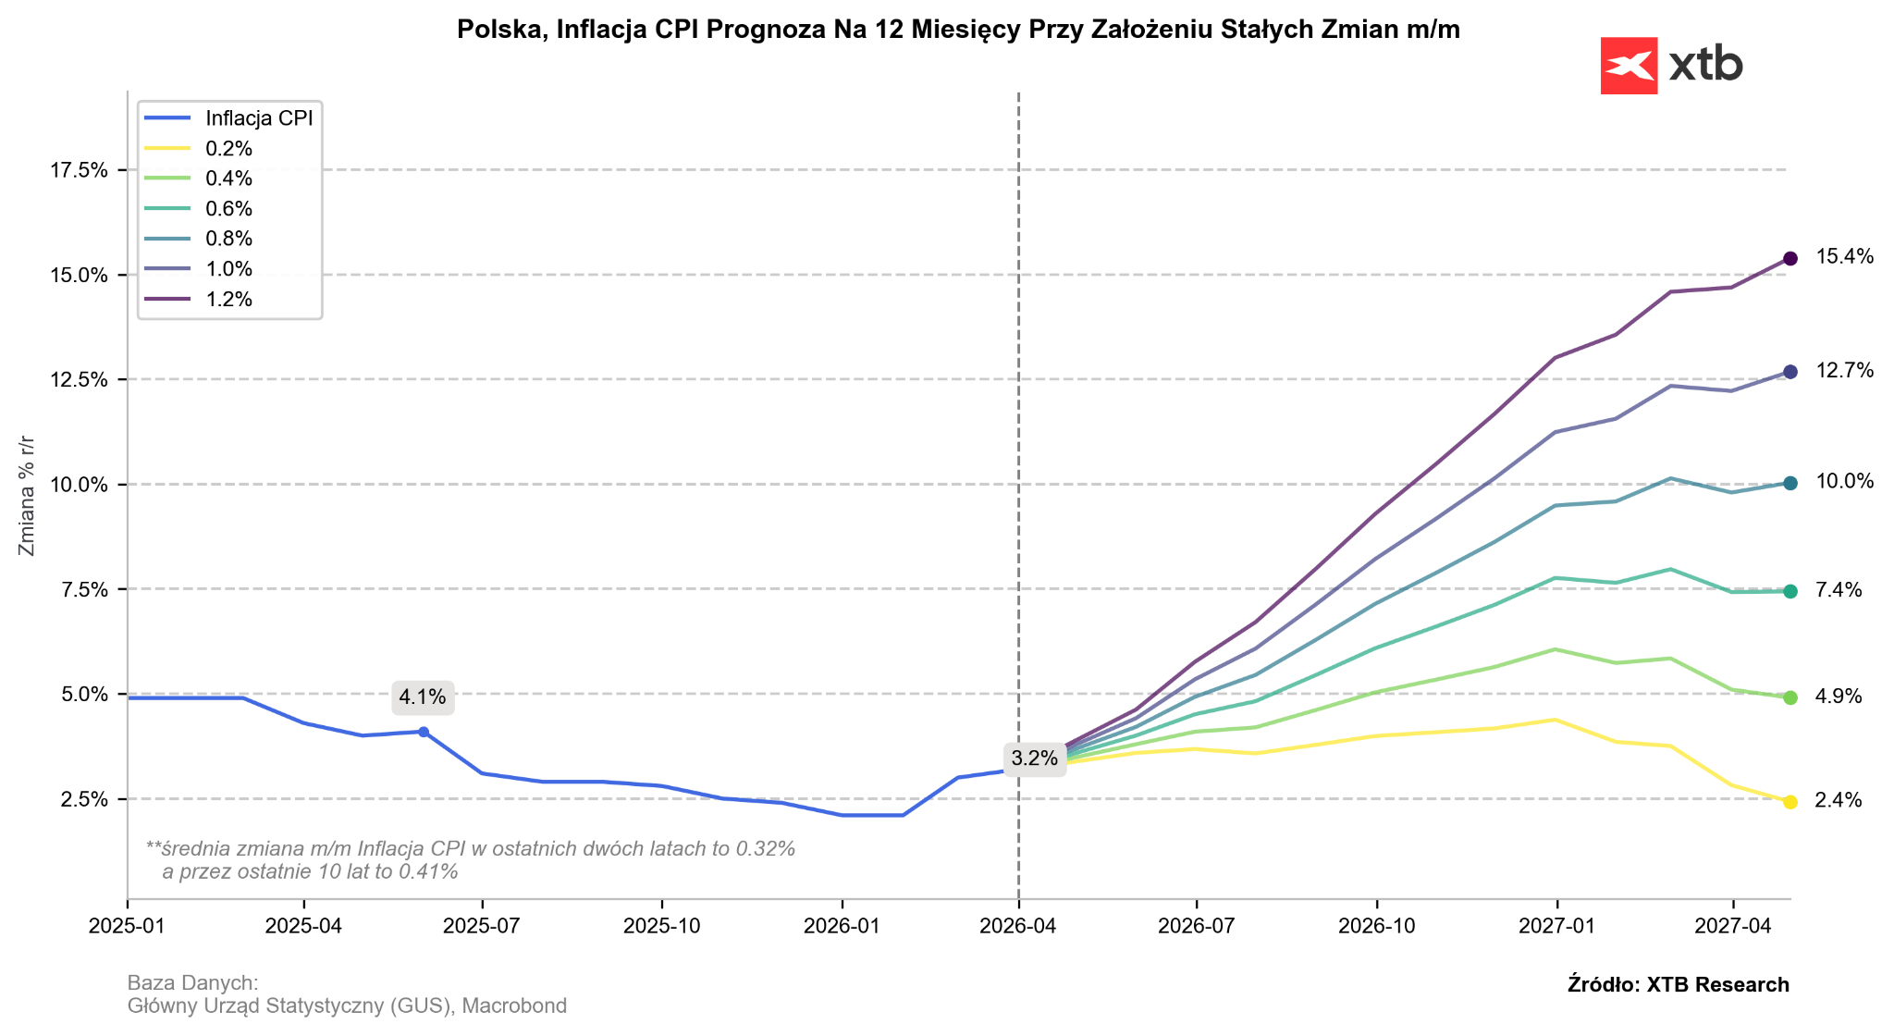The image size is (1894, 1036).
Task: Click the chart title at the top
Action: (x=958, y=30)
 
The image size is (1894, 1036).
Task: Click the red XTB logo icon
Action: (x=1629, y=66)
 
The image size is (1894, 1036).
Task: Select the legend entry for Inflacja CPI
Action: (x=260, y=118)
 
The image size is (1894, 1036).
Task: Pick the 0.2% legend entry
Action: (x=228, y=149)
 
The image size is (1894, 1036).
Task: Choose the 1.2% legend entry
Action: (x=228, y=299)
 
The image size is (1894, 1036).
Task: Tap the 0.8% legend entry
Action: (x=228, y=239)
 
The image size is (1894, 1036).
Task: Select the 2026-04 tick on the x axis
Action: (x=1018, y=926)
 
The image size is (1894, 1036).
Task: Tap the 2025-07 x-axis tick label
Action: (x=482, y=926)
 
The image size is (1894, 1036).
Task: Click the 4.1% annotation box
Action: (x=422, y=697)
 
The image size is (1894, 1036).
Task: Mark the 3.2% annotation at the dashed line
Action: (x=1034, y=759)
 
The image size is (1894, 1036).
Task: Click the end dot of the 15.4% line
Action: (x=1789, y=259)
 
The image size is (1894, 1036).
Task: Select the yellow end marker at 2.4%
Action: (x=1789, y=802)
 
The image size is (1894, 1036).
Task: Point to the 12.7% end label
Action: (x=1844, y=371)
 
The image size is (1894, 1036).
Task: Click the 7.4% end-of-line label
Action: (x=1839, y=590)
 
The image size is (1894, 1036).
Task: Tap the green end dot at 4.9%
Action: (x=1789, y=697)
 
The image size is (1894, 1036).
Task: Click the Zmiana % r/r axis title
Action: (x=27, y=495)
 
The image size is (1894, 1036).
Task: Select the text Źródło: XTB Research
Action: (x=1678, y=985)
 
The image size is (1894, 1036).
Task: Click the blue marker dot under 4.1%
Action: (x=423, y=732)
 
